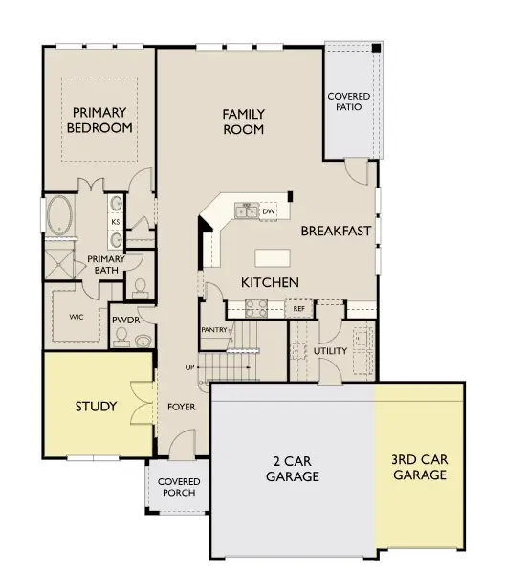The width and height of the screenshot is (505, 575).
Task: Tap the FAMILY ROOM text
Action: [243, 122]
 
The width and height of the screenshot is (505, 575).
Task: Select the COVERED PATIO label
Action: [349, 102]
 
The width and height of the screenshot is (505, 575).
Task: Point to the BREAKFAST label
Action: [336, 231]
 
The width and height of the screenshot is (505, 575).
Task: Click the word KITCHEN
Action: [270, 282]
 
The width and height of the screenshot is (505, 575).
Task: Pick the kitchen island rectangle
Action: [271, 256]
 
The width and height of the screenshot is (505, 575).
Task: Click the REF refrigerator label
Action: [298, 309]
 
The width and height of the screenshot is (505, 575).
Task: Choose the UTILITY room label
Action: [330, 350]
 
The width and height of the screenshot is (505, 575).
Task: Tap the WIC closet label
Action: [76, 315]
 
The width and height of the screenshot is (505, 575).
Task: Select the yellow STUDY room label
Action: [96, 407]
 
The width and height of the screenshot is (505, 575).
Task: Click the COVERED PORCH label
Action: [177, 487]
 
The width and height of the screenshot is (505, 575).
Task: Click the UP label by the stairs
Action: [189, 367]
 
